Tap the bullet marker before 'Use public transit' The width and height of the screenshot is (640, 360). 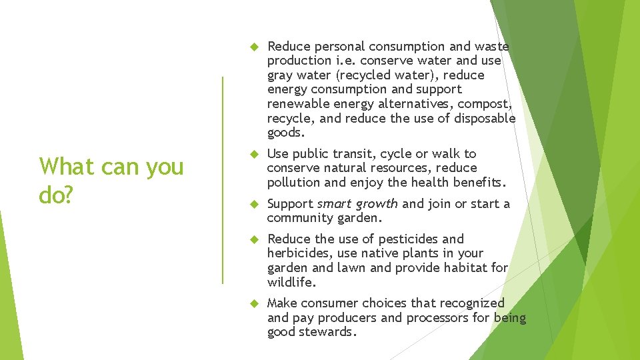253,154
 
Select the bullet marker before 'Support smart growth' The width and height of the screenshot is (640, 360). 253,204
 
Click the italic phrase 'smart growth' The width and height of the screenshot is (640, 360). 357,203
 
